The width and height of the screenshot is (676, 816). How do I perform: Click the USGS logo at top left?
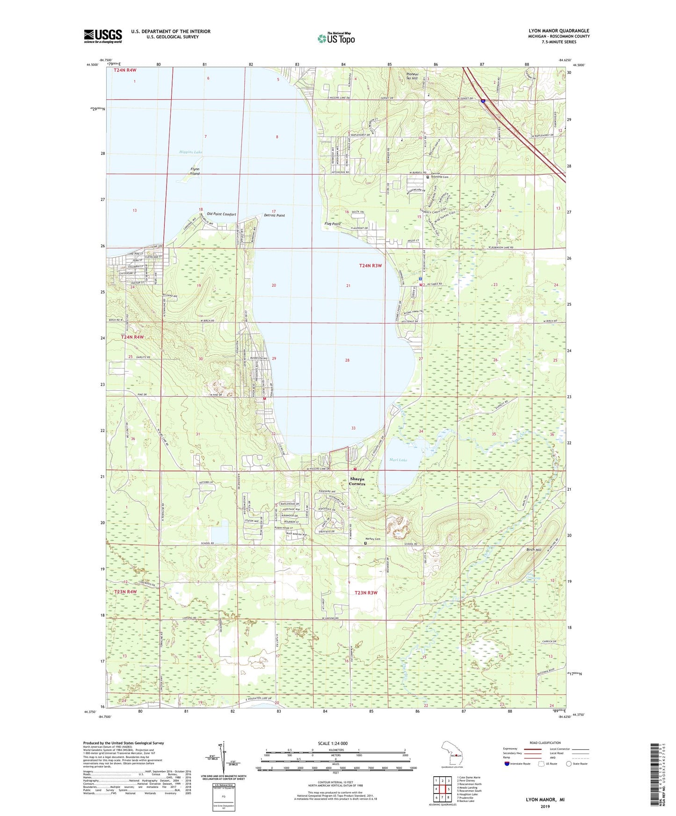tap(102, 36)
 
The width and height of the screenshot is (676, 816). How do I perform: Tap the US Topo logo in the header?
tap(336, 38)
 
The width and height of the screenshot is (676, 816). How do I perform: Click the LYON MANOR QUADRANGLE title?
tap(559, 31)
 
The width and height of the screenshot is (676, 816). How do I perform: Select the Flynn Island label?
tap(195, 171)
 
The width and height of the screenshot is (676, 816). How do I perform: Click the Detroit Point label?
tap(274, 215)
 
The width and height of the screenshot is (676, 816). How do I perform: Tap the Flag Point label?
tap(332, 224)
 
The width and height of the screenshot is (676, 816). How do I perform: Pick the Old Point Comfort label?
tap(221, 214)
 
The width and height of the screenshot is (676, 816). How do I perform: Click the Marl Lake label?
tap(398, 460)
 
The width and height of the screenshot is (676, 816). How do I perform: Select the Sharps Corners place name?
tap(357, 481)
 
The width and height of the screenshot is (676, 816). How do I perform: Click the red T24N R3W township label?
tap(371, 265)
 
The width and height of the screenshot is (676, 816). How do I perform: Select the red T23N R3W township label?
tap(366, 593)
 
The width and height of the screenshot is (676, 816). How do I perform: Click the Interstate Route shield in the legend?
tap(507, 764)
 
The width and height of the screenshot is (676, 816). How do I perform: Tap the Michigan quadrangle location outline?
tap(452, 753)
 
